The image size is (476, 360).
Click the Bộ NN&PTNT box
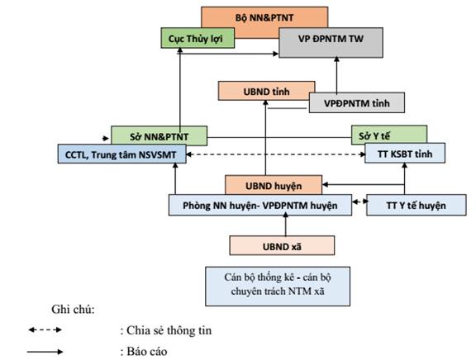264,17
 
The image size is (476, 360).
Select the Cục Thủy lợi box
198,38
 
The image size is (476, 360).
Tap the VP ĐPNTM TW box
331,42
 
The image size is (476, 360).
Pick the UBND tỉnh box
267,91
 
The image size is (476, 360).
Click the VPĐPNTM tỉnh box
357,103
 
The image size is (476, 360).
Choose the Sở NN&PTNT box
159,135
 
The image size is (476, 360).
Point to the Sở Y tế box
389,135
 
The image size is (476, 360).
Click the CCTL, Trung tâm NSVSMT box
121,154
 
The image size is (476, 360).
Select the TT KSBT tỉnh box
405,153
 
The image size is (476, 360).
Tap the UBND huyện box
274,185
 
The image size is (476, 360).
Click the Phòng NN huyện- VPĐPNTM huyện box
260,206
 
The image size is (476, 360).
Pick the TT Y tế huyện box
416,206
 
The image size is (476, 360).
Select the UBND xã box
282,246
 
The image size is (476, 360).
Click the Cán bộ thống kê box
278,287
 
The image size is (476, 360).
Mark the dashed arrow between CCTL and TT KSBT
276,154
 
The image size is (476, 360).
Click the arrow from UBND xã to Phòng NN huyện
285,224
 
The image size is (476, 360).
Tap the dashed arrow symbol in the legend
45,329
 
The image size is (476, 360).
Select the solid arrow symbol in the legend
45,352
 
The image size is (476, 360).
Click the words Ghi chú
74,310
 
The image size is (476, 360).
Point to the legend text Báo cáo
147,352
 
